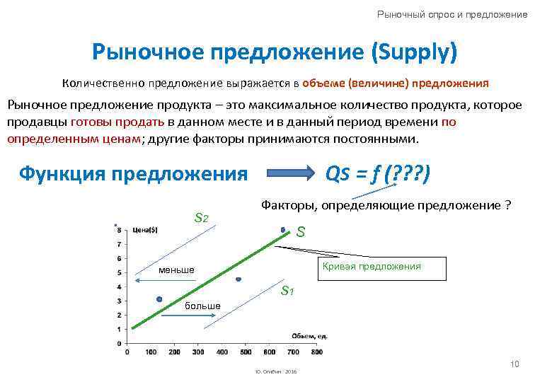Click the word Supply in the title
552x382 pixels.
(x=415, y=52)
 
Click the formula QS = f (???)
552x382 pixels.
(x=376, y=173)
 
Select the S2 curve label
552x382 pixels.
(x=201, y=217)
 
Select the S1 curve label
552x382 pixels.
(x=287, y=290)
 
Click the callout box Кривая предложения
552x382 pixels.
(x=372, y=267)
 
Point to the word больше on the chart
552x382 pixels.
(x=202, y=306)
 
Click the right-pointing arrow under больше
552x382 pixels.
(x=185, y=316)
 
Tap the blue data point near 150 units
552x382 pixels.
(x=159, y=299)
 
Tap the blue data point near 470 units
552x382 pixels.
(x=238, y=279)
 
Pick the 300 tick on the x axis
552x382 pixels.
(x=198, y=352)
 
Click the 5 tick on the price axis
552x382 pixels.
(x=119, y=272)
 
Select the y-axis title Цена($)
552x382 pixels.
(x=144, y=228)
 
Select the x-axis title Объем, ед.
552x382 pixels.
(x=308, y=335)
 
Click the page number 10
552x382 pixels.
(x=514, y=364)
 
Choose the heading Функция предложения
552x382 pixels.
(x=133, y=173)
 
